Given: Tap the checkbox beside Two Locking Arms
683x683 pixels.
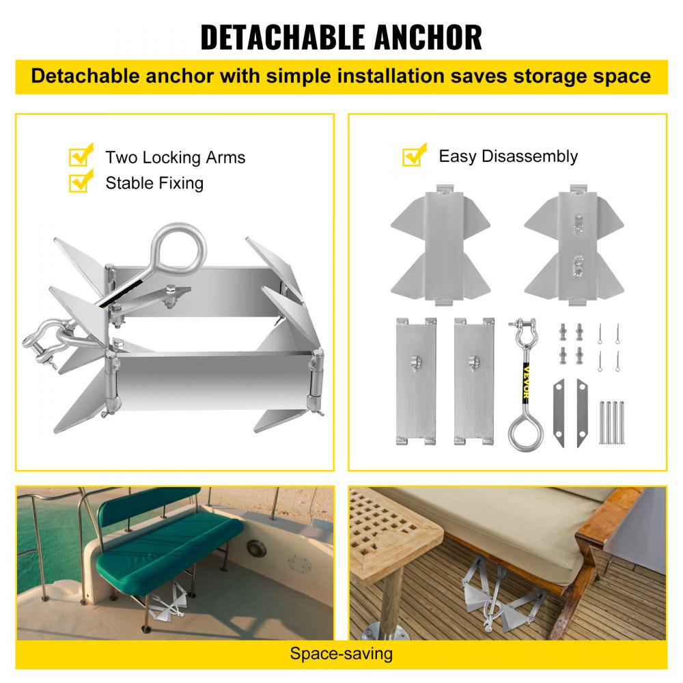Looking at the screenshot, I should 81,156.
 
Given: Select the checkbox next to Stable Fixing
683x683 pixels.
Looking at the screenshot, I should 81,182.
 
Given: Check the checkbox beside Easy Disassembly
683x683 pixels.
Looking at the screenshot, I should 414,155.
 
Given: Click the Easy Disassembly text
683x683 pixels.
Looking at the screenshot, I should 508,156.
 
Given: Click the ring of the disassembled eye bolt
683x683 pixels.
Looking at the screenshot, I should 525,432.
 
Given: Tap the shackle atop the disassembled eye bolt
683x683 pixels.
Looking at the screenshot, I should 525,334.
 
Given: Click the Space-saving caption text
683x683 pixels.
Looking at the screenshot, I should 341,654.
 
